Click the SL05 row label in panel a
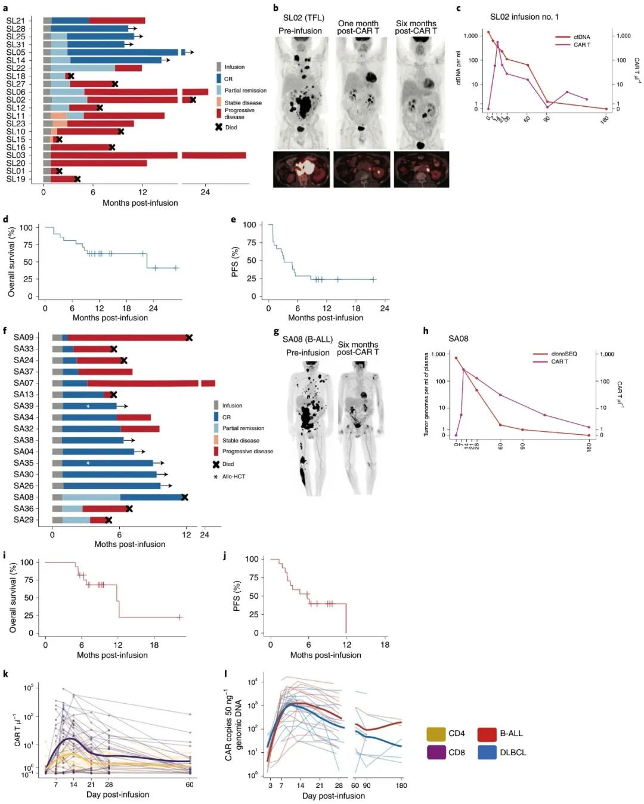point(16,52)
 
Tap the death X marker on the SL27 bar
point(114,84)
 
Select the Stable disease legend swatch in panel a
point(219,102)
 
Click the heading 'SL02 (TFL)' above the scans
point(304,18)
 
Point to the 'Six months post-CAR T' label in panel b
point(416,27)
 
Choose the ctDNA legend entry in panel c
point(581,37)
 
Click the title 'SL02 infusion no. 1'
point(524,17)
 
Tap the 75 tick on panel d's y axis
point(27,245)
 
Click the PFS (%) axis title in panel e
point(235,261)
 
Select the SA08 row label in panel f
point(24,497)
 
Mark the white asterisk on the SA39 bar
point(88,406)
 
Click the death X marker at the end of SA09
point(189,338)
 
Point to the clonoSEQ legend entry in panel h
point(563,354)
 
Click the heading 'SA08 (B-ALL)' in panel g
point(308,339)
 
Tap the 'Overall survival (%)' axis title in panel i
point(13,596)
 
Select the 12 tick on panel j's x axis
point(347,645)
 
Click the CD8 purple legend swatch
point(436,752)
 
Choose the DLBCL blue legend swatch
point(487,752)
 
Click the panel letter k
point(5,674)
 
